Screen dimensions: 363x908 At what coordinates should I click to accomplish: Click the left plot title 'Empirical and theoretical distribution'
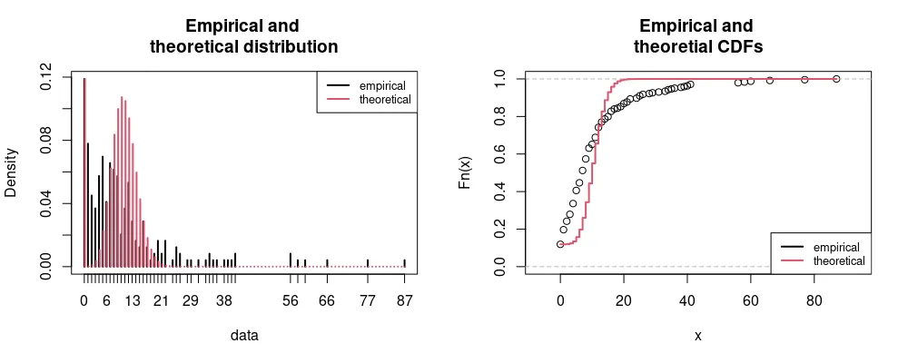243,36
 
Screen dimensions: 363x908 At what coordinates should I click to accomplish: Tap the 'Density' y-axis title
12,172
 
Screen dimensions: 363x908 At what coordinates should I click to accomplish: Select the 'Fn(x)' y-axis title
466,172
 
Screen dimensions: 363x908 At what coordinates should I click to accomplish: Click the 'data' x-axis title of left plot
243,335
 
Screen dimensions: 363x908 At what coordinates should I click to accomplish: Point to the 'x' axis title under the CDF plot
697,335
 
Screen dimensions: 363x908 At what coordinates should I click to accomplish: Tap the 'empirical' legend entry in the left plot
382,85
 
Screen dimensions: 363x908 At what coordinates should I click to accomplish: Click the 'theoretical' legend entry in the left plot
385,99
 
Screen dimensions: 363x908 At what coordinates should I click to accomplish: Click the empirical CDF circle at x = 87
836,79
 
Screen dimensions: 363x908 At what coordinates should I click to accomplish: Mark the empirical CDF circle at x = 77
804,80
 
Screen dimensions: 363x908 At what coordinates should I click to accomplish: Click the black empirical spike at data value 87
405,263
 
